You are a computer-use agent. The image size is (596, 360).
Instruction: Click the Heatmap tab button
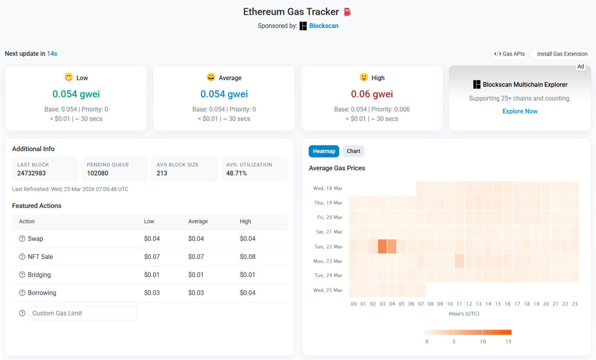[323, 151]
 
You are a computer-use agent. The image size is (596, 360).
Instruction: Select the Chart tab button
[353, 151]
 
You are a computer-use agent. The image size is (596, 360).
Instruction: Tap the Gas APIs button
[509, 54]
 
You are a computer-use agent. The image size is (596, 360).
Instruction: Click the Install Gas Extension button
[562, 54]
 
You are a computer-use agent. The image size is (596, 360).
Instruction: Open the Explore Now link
[520, 111]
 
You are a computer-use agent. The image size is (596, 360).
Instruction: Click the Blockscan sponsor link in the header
[323, 26]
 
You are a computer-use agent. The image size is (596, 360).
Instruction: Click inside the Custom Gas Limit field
[82, 313]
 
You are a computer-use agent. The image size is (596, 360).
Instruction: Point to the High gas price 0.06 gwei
[372, 94]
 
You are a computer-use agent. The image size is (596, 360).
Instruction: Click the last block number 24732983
[31, 173]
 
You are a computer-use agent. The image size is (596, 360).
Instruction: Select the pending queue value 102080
[98, 173]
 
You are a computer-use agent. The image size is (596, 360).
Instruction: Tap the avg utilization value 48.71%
[236, 173]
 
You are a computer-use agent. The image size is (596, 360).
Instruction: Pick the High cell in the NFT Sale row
[247, 257]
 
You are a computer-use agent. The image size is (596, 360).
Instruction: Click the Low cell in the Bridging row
[152, 275]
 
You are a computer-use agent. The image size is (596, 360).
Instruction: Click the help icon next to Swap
[22, 239]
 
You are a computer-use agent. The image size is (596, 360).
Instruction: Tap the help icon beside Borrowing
[22, 293]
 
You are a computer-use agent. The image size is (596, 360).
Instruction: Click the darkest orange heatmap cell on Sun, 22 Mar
[382, 247]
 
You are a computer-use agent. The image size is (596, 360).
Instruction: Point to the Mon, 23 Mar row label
[328, 261]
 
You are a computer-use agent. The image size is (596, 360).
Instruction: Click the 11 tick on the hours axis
[459, 304]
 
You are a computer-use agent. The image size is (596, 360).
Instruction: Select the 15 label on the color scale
[508, 342]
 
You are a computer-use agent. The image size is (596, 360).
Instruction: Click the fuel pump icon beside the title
[347, 12]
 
